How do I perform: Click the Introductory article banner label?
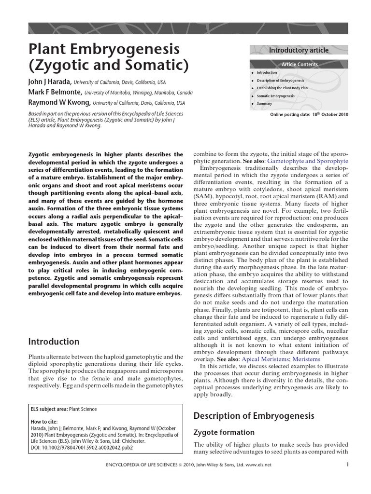coord(299,50)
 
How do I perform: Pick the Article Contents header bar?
coord(300,64)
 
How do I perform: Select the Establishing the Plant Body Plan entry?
coord(282,88)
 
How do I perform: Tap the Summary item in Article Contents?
coord(264,103)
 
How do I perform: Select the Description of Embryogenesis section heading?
coord(254,415)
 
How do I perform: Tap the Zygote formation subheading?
coord(224,432)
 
